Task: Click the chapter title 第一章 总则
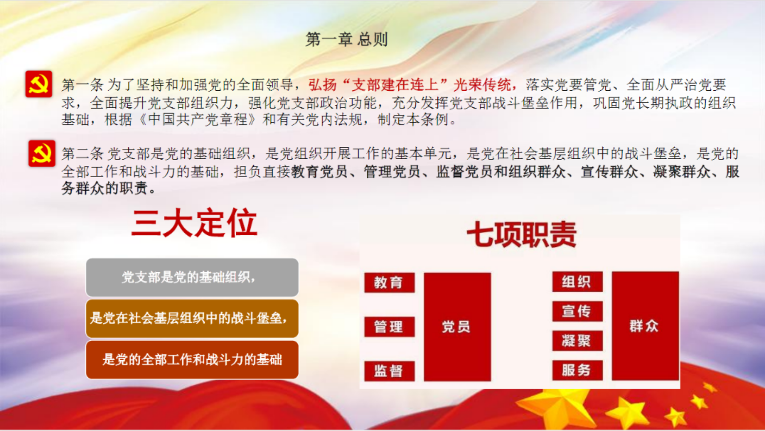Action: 346,40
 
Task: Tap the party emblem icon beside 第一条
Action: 39,84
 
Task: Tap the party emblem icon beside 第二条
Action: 42,153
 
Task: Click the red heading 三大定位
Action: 194,223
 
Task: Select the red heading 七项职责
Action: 521,234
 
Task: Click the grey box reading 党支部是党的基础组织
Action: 192,278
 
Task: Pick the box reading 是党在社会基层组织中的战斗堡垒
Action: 192,318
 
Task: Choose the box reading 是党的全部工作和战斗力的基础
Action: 192,359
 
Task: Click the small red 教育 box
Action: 389,282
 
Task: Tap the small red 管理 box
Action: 389,327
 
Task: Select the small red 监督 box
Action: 389,371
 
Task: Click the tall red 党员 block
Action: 457,327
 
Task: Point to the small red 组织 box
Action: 578,282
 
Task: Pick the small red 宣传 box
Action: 578,311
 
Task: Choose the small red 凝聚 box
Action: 578,341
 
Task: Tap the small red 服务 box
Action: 578,370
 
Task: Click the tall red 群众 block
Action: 645,326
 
